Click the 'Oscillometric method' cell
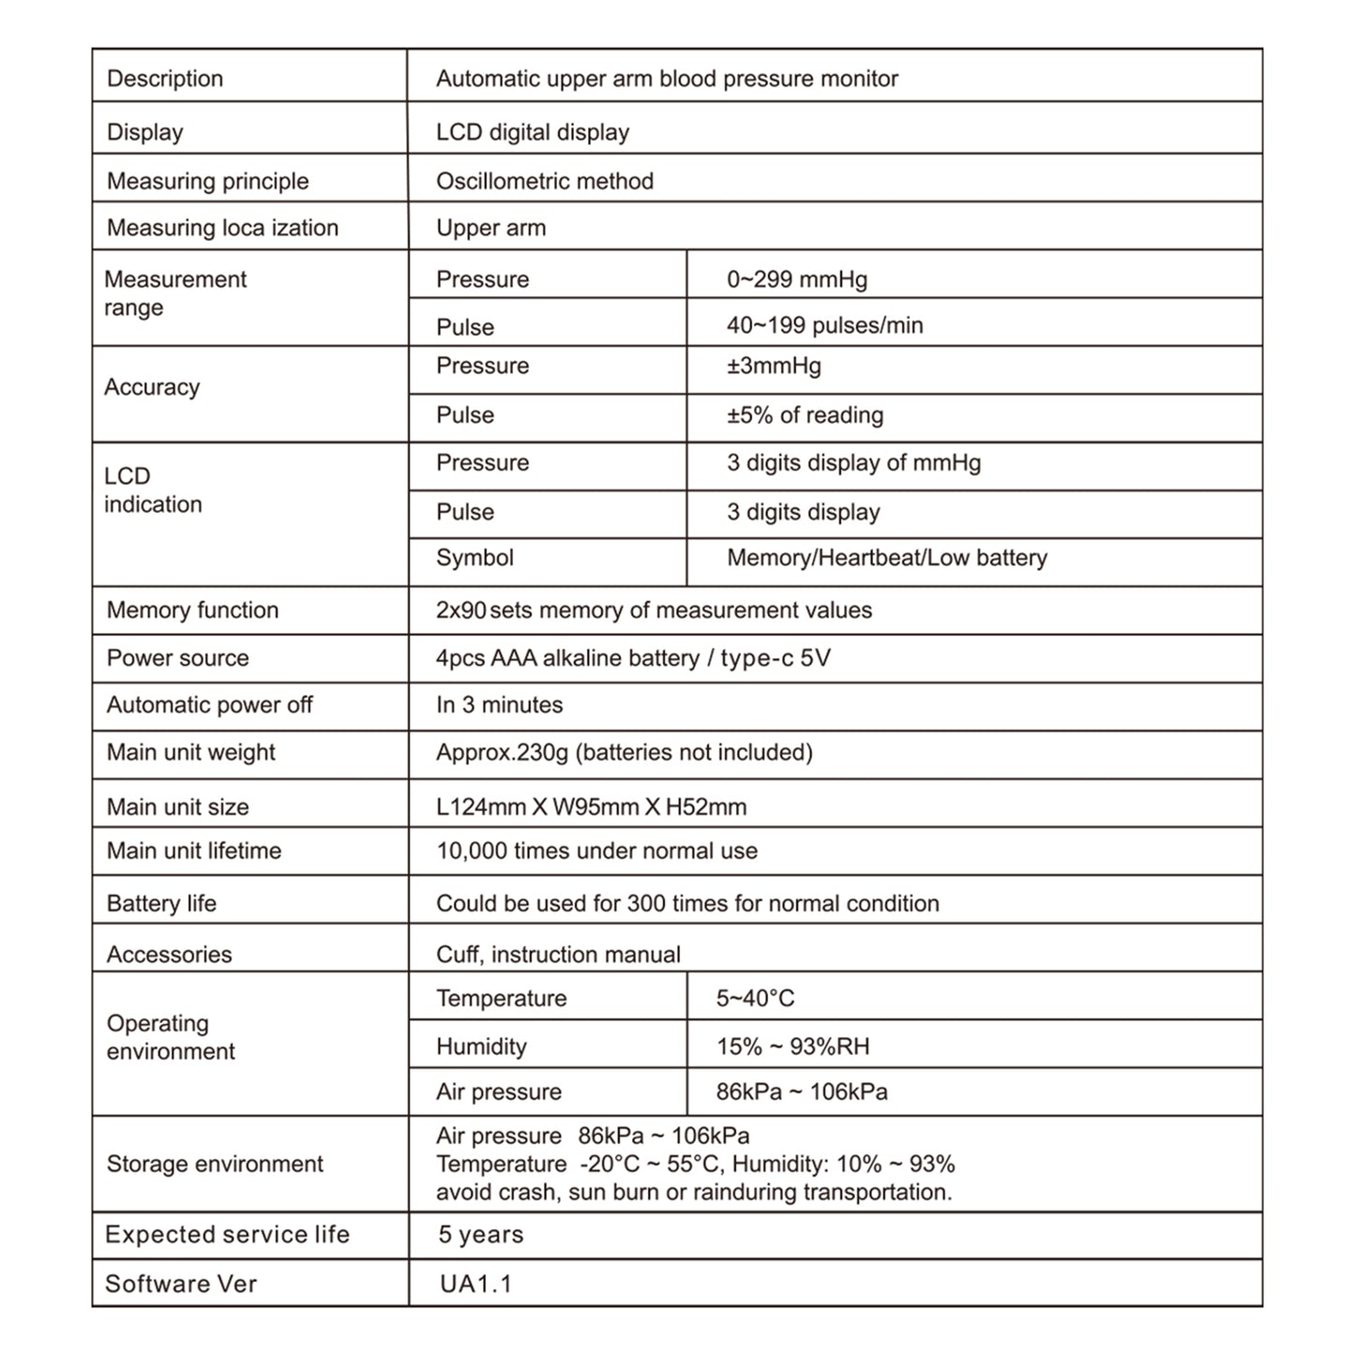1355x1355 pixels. point(545,181)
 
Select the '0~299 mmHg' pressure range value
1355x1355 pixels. point(796,279)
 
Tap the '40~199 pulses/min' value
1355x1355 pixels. point(824,325)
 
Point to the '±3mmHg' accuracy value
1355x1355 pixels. point(774,366)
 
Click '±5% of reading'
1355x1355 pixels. point(805,415)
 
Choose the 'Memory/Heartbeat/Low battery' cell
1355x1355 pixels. point(886,558)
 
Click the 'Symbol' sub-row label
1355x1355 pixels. point(474,558)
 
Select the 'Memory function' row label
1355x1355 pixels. point(192,610)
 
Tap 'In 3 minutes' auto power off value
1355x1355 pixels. point(499,705)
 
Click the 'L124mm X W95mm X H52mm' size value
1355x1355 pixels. point(591,806)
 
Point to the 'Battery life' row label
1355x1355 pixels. point(161,903)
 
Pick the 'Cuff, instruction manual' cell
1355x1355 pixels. point(558,955)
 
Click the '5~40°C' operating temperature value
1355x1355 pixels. point(755,999)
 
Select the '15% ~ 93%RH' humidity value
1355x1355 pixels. point(792,1046)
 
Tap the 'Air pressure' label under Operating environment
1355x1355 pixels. point(499,1092)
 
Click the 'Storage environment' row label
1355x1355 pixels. point(215,1164)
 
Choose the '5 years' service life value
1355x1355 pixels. point(480,1235)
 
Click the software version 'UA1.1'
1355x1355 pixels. point(475,1284)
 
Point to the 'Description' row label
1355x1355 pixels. point(165,79)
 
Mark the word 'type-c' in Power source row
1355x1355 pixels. point(757,658)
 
